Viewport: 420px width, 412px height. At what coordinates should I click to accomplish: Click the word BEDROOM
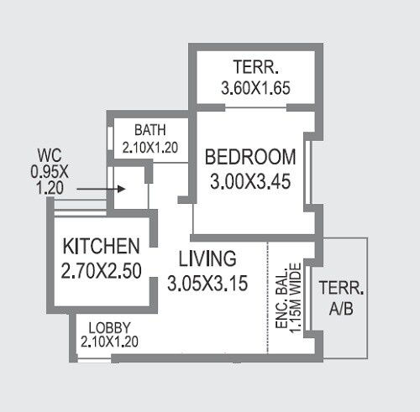pyautogui.click(x=250, y=157)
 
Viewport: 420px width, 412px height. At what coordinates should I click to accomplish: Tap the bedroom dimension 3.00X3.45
pyautogui.click(x=250, y=180)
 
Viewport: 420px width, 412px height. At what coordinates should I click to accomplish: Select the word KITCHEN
pyautogui.click(x=101, y=247)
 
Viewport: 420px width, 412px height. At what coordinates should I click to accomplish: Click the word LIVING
pyautogui.click(x=207, y=258)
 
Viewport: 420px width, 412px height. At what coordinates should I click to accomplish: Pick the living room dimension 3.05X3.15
pyautogui.click(x=207, y=283)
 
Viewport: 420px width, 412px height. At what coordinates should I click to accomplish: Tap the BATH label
pyautogui.click(x=150, y=130)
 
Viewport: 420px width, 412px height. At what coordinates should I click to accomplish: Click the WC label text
pyautogui.click(x=48, y=154)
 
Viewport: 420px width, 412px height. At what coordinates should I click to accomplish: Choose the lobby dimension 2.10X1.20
pyautogui.click(x=109, y=342)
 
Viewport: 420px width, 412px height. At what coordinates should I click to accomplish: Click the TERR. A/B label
pyautogui.click(x=341, y=299)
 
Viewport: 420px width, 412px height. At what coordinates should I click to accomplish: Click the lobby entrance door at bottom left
pyautogui.click(x=92, y=361)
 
